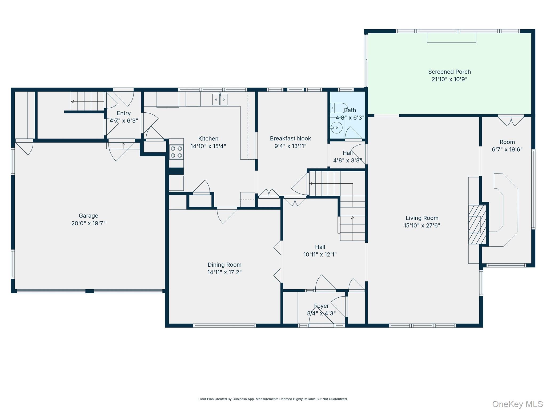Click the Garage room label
tap(89, 216)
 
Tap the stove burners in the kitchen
tap(176, 152)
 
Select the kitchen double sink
tap(220, 100)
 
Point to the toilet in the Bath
tap(339, 108)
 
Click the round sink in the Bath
tap(336, 128)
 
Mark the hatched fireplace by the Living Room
tap(477, 224)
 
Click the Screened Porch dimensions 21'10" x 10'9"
tap(449, 79)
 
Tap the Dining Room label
tap(224, 265)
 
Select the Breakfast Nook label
tap(290, 139)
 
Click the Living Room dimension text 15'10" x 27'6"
tap(422, 226)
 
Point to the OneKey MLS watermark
tap(517, 404)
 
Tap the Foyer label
tap(321, 306)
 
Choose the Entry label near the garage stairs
tap(124, 113)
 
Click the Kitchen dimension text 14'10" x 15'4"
tap(208, 146)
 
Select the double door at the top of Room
tap(511, 121)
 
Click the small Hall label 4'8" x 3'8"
tap(348, 157)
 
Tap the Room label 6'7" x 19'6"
tap(507, 146)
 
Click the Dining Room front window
tap(224, 326)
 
